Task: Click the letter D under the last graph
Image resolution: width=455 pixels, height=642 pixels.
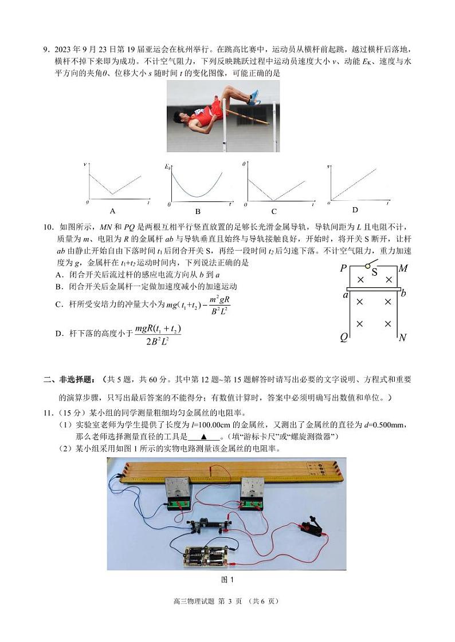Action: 355,210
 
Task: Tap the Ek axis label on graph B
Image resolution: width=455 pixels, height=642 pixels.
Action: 168,167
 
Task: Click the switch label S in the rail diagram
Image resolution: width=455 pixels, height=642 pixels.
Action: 374,272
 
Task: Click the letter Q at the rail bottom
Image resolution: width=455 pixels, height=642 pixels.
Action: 344,337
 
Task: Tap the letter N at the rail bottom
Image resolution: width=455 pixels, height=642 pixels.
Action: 403,338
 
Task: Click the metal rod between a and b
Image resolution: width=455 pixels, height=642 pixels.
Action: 372,290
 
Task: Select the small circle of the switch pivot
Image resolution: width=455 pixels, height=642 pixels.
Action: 367,266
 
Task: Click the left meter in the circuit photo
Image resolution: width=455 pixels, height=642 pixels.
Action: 181,494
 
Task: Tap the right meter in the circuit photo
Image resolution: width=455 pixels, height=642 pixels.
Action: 253,492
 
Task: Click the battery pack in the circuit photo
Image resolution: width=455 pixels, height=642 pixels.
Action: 205,556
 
